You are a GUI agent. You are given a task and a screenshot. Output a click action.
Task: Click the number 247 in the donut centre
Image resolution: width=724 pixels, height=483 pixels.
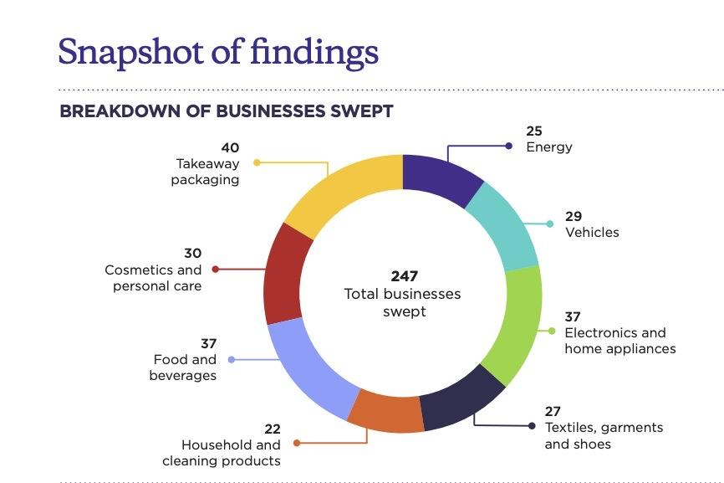click(404, 276)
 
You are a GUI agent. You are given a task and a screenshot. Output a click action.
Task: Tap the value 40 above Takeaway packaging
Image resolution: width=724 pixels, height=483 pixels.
click(229, 148)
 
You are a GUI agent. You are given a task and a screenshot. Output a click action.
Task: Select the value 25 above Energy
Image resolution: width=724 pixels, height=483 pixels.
click(534, 131)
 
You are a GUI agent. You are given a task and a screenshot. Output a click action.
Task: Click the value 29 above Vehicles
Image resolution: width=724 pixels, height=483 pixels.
click(574, 216)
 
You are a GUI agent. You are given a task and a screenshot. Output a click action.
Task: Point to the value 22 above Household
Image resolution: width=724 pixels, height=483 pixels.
click(272, 429)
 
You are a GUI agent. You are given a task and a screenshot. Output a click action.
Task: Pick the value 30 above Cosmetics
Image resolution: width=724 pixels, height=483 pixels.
click(192, 254)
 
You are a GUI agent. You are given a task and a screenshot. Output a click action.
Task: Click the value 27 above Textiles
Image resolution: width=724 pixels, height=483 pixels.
click(553, 411)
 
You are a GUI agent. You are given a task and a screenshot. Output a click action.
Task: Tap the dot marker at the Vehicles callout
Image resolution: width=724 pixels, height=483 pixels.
click(549, 224)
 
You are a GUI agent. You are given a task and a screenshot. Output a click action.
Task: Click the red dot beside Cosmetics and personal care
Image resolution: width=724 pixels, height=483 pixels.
click(216, 270)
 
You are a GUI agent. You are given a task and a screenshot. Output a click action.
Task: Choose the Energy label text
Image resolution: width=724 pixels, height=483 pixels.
click(548, 147)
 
